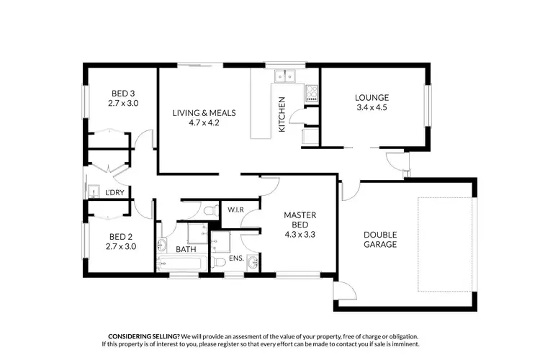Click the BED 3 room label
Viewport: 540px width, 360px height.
pos(122,93)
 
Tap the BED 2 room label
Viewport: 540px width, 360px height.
pos(121,235)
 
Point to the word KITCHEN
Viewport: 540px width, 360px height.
pos(282,114)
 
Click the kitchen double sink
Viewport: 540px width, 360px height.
pos(284,75)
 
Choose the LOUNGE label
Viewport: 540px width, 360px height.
pos(372,98)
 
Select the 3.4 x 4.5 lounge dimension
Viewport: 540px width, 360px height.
pos(372,109)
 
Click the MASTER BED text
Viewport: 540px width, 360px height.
pos(300,220)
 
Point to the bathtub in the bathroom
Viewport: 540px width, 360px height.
pos(184,264)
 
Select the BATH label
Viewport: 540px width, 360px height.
pos(186,250)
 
